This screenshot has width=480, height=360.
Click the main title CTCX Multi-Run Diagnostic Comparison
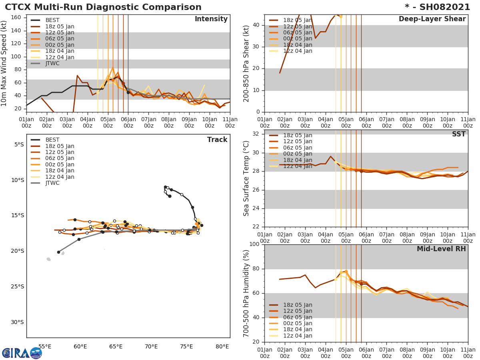pyautogui.click(x=103, y=7)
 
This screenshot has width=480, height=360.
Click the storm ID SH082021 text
pyautogui.click(x=440, y=7)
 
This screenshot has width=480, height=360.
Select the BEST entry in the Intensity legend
pyautogui.click(x=52, y=20)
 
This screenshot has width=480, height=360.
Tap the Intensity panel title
pyautogui.click(x=211, y=19)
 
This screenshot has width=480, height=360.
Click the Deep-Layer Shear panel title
pyautogui.click(x=432, y=19)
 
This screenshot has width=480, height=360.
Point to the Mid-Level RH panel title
pyautogui.click(x=441, y=249)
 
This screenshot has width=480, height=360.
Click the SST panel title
pyautogui.click(x=459, y=134)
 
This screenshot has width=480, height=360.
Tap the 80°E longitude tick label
pyautogui.click(x=222, y=346)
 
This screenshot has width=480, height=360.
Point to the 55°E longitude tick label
pyautogui.click(x=45, y=346)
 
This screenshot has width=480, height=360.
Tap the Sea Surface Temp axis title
pyautogui.click(x=246, y=178)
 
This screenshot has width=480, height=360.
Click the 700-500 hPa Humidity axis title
pyautogui.click(x=246, y=293)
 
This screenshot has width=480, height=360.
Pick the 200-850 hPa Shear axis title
pyautogui.click(x=246, y=63)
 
